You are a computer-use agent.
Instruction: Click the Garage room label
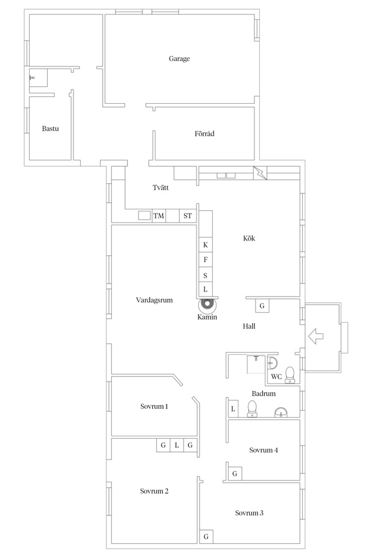(x=179, y=58)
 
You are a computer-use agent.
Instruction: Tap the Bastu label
(x=50, y=129)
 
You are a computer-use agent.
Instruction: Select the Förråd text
(x=205, y=134)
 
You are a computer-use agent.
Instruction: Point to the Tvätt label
(x=160, y=188)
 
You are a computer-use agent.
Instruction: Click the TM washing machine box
(x=159, y=216)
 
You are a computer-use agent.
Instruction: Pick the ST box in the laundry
(x=188, y=216)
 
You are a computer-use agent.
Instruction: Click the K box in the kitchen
(x=206, y=245)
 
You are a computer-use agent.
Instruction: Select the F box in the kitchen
(x=206, y=260)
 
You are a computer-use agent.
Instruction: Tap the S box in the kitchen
(x=206, y=275)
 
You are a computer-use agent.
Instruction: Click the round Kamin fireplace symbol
(x=207, y=305)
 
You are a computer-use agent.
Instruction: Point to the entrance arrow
(x=316, y=336)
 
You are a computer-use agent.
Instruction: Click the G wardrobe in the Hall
(x=262, y=306)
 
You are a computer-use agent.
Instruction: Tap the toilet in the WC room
(x=290, y=375)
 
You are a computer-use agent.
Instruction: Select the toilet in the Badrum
(x=252, y=409)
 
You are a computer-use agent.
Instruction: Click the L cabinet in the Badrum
(x=233, y=409)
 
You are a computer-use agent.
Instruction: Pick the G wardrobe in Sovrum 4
(x=235, y=474)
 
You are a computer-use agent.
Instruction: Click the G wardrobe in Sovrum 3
(x=206, y=536)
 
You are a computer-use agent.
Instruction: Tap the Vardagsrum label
(x=154, y=300)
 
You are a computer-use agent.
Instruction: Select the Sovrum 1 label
(x=154, y=406)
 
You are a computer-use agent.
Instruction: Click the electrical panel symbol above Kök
(x=260, y=173)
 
